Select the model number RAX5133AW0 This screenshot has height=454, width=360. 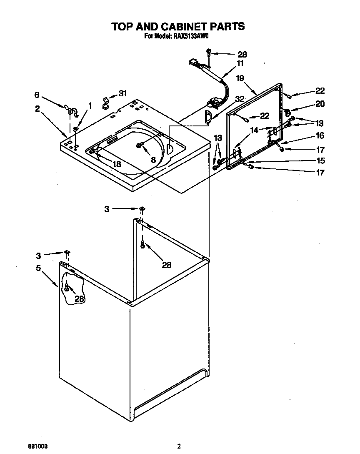click(x=190, y=36)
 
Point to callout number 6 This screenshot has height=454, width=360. click(x=37, y=95)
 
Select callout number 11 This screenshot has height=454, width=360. click(x=240, y=63)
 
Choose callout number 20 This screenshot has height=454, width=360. click(x=320, y=104)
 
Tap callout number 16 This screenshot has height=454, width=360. click(x=320, y=135)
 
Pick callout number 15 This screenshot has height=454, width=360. click(x=320, y=161)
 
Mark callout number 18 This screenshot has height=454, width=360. click(x=117, y=164)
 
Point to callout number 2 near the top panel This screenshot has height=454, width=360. click(x=37, y=109)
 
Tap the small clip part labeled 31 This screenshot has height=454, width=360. click(x=105, y=103)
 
